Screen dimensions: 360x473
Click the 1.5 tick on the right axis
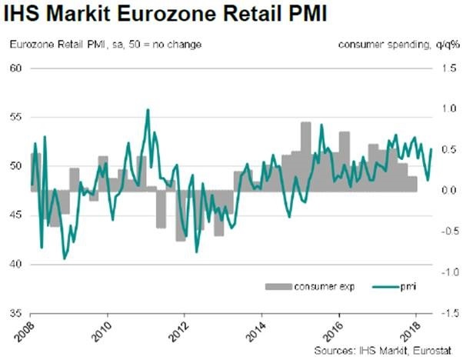pos(451,68)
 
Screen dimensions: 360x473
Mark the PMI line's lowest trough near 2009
pos(64,258)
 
